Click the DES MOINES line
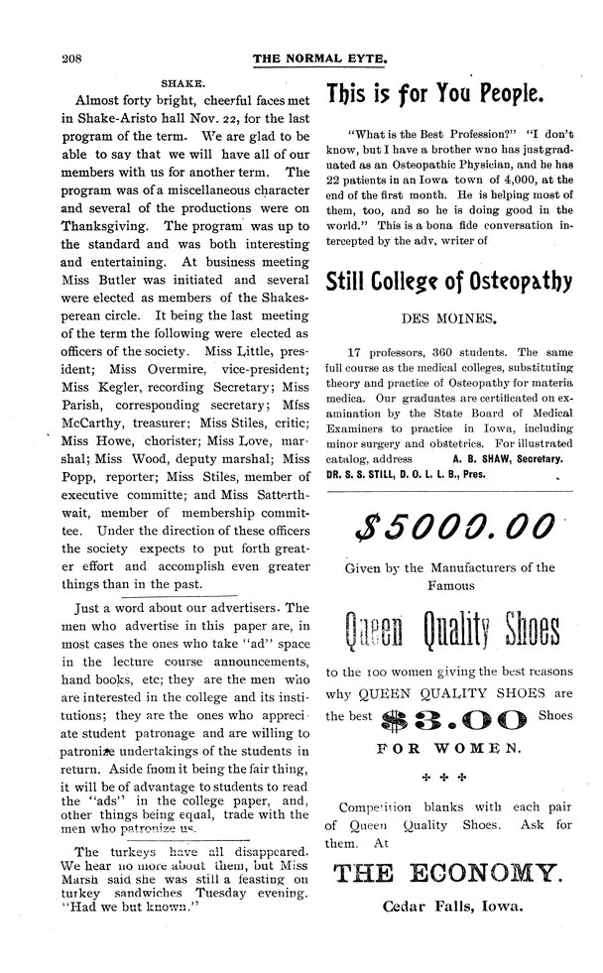(x=450, y=319)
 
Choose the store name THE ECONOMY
(x=449, y=873)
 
